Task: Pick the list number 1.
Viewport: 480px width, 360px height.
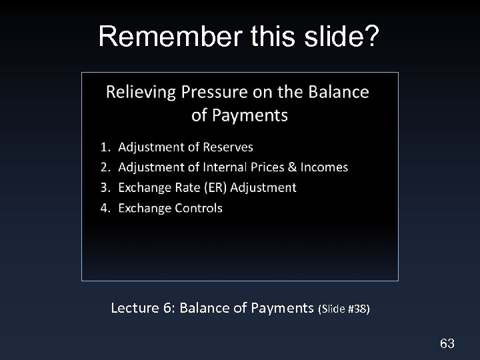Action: pos(105,147)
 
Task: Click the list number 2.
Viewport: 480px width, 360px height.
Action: pos(105,167)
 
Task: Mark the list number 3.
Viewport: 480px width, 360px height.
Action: pos(105,187)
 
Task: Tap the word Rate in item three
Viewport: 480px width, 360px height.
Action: pos(184,187)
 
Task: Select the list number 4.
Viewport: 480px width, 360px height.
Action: pos(105,208)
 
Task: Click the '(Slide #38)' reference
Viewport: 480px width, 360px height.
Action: pos(344,309)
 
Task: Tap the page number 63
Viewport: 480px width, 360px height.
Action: pos(447,343)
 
